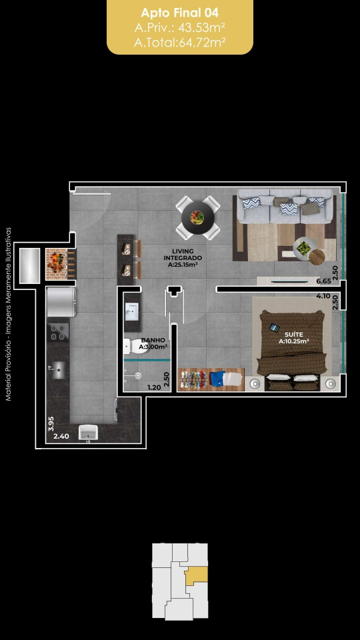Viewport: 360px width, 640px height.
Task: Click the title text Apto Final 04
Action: point(179,13)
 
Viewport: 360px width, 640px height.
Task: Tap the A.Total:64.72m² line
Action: point(179,41)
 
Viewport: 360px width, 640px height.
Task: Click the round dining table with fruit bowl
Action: point(198,217)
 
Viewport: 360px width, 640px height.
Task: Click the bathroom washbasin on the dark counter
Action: point(132,313)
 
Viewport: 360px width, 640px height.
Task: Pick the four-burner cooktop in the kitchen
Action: point(58,332)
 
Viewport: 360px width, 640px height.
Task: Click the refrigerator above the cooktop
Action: point(61,301)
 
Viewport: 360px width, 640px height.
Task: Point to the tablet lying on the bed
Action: point(274,327)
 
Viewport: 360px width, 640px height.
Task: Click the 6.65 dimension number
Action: point(323,281)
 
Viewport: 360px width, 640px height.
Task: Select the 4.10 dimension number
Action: point(323,296)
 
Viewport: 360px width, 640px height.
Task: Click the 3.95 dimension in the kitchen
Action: point(51,424)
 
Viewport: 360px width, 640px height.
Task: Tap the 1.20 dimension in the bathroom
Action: point(154,388)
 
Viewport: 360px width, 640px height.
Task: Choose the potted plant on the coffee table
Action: point(303,248)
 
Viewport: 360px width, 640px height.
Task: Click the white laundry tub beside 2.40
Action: point(89,433)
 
